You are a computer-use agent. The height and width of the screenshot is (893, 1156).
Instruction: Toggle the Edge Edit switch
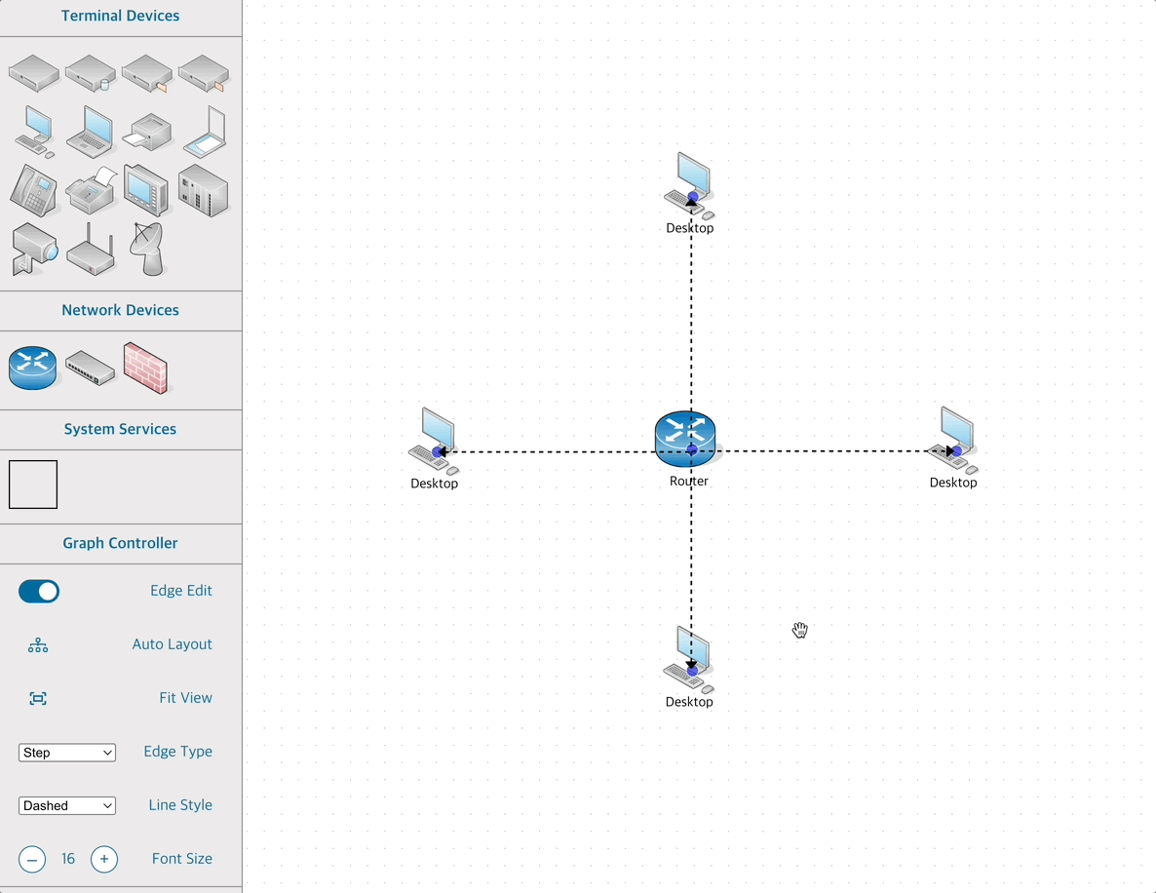[39, 591]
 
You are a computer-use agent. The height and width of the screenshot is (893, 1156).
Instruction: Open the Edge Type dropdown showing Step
[67, 753]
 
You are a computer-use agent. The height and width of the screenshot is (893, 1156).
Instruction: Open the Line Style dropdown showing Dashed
[67, 806]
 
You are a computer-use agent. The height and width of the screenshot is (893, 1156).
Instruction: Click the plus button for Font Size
[104, 859]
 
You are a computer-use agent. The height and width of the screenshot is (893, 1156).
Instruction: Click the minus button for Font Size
[32, 859]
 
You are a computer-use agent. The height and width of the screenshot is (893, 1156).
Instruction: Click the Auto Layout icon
[38, 645]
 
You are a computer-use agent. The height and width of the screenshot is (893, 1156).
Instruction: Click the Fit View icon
[38, 699]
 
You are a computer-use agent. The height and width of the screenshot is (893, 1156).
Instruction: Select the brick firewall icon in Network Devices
[145, 368]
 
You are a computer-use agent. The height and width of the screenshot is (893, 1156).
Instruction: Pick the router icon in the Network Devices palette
[33, 368]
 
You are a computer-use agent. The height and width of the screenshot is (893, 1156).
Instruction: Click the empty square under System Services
[33, 485]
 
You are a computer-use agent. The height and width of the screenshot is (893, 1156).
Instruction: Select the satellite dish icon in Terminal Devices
[147, 249]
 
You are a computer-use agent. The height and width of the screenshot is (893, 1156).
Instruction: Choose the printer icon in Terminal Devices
[149, 132]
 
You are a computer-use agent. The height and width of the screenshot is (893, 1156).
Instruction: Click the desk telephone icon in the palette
[33, 189]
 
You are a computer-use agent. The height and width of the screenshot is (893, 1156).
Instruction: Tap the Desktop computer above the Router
[689, 182]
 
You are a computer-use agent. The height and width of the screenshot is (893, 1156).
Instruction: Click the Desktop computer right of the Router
[953, 437]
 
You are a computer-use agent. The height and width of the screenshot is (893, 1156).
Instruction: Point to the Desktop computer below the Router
[689, 656]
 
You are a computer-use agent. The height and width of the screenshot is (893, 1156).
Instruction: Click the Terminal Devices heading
[120, 16]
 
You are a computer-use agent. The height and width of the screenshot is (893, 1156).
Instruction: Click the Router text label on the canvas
[689, 481]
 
